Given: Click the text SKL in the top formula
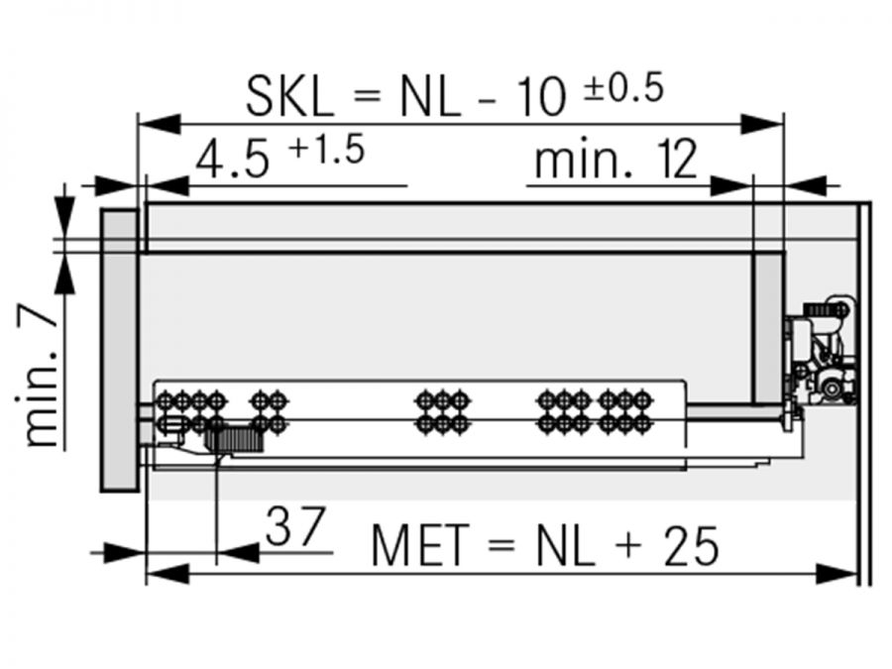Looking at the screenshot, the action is tap(289, 97).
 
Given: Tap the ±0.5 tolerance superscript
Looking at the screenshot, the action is tap(623, 88).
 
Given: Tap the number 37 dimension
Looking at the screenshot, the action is tap(295, 526).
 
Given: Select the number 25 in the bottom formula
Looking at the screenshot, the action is tap(691, 546).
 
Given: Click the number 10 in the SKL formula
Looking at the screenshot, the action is tap(541, 97).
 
